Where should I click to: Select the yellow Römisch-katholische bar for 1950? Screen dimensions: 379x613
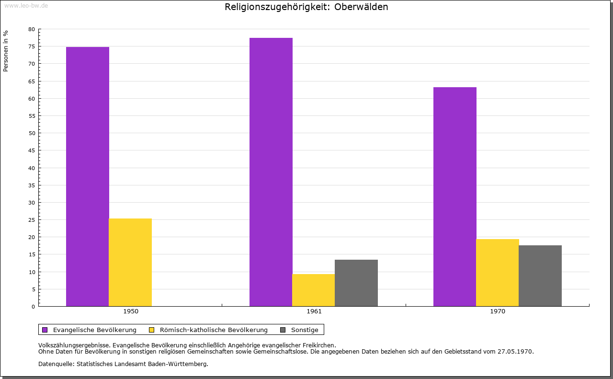[x=130, y=262]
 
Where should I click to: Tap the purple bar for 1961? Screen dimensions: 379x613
[x=271, y=172]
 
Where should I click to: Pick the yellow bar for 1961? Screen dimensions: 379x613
[x=314, y=290]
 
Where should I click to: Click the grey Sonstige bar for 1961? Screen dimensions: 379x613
[x=356, y=283]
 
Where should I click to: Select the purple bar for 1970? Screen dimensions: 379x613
[x=455, y=196]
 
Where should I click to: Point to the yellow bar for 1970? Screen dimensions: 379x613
[x=498, y=273]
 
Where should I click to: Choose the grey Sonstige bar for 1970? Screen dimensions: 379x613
[x=540, y=276]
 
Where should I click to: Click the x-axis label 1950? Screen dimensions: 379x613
[x=131, y=311]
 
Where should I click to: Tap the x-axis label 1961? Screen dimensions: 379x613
[x=314, y=311]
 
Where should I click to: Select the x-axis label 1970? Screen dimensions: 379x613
[x=498, y=311]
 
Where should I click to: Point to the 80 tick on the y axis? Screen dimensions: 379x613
[x=32, y=29]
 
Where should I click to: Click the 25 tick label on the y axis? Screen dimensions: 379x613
[x=32, y=220]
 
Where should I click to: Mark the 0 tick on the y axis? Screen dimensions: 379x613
[x=33, y=307]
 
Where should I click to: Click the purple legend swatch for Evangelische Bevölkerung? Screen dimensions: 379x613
[x=45, y=330]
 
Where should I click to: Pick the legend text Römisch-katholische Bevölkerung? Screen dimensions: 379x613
[x=214, y=330]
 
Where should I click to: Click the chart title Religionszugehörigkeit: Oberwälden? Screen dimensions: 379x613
[x=306, y=7]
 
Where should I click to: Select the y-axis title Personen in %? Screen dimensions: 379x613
[x=6, y=51]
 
